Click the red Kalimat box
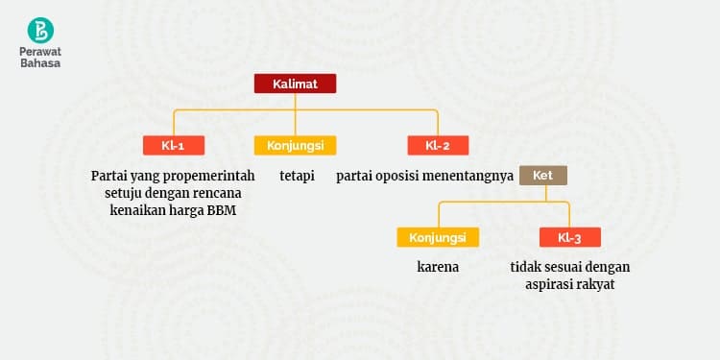coord(295,84)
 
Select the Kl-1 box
coord(173,146)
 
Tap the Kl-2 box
coord(438,146)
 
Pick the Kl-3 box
coord(570,237)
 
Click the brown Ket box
coord(542,176)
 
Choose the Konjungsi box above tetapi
coord(295,146)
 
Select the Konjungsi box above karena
coord(438,237)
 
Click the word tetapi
coord(297,177)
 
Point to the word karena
coord(438,267)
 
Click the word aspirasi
coord(552,285)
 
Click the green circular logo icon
coord(41,29)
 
